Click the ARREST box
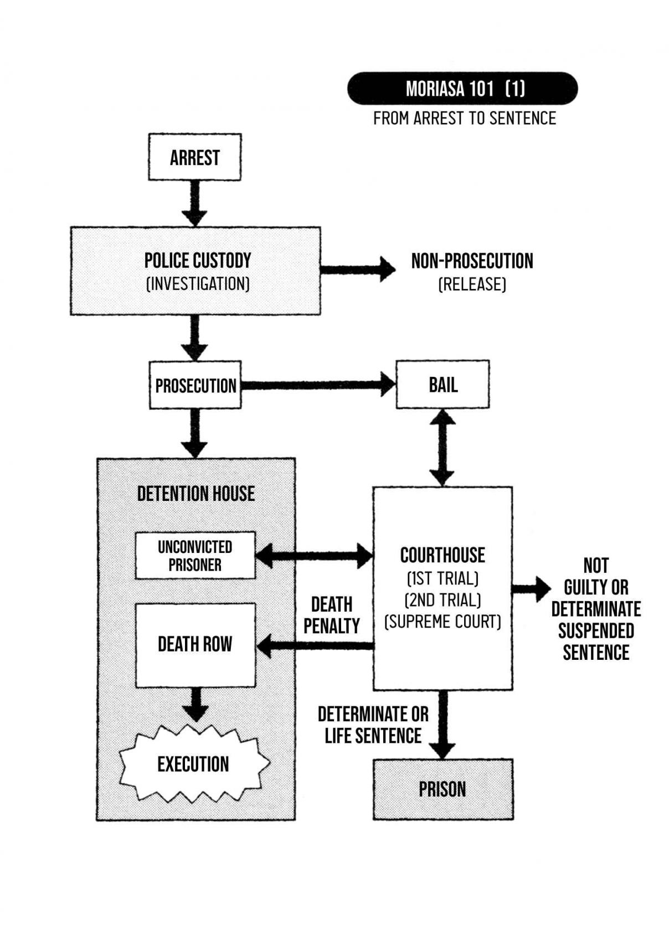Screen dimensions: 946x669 click(194, 157)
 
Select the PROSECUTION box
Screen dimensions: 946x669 click(195, 385)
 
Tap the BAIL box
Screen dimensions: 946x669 click(442, 385)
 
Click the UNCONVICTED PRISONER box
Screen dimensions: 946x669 click(195, 556)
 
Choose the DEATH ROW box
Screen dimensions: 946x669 click(195, 645)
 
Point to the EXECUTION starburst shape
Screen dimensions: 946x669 click(193, 764)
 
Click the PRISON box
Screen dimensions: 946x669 click(442, 789)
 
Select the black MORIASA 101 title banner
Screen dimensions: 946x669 click(462, 89)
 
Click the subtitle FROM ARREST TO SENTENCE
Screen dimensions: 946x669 click(464, 118)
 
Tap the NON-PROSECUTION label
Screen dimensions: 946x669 click(472, 261)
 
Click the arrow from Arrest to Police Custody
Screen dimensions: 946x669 click(194, 203)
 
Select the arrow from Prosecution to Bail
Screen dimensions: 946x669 click(318, 385)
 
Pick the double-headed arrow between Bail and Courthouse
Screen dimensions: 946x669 click(442, 447)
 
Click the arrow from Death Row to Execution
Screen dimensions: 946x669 click(195, 704)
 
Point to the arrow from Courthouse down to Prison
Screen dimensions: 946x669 click(442, 724)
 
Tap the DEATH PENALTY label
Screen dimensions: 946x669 click(332, 615)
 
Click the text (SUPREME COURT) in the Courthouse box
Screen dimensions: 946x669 click(442, 622)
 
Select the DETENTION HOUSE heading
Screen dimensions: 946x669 click(195, 494)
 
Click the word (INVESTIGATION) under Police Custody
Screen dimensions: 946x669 click(198, 284)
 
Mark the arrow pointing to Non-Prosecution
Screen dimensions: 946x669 click(357, 270)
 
